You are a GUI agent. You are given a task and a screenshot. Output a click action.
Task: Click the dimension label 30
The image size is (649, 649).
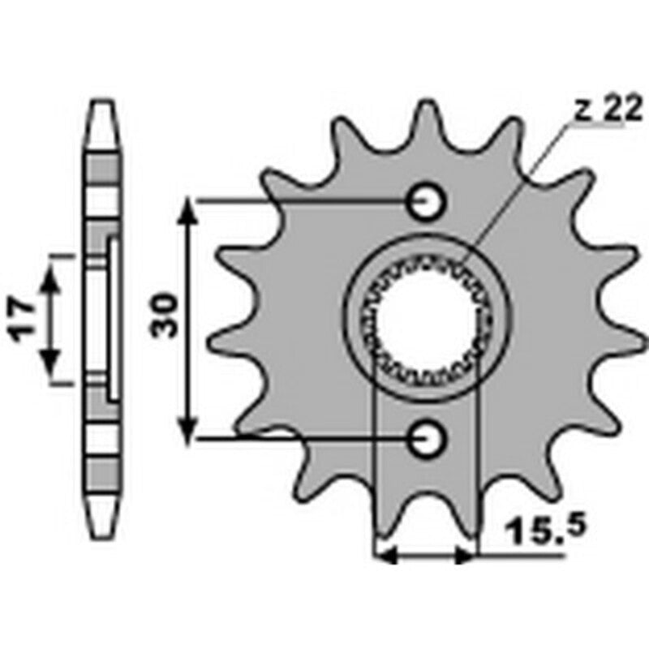165,316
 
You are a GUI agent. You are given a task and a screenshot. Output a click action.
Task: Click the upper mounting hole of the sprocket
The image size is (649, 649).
426,201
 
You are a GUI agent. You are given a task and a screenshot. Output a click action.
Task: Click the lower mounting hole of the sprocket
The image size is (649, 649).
426,439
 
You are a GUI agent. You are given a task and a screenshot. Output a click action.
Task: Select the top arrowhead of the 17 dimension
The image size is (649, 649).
51,280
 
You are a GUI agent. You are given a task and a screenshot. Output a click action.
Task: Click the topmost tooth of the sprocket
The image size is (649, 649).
426,114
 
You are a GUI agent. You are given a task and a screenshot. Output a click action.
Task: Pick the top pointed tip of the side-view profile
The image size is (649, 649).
102,105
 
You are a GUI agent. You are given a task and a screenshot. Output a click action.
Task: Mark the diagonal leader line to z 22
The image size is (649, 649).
519,187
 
